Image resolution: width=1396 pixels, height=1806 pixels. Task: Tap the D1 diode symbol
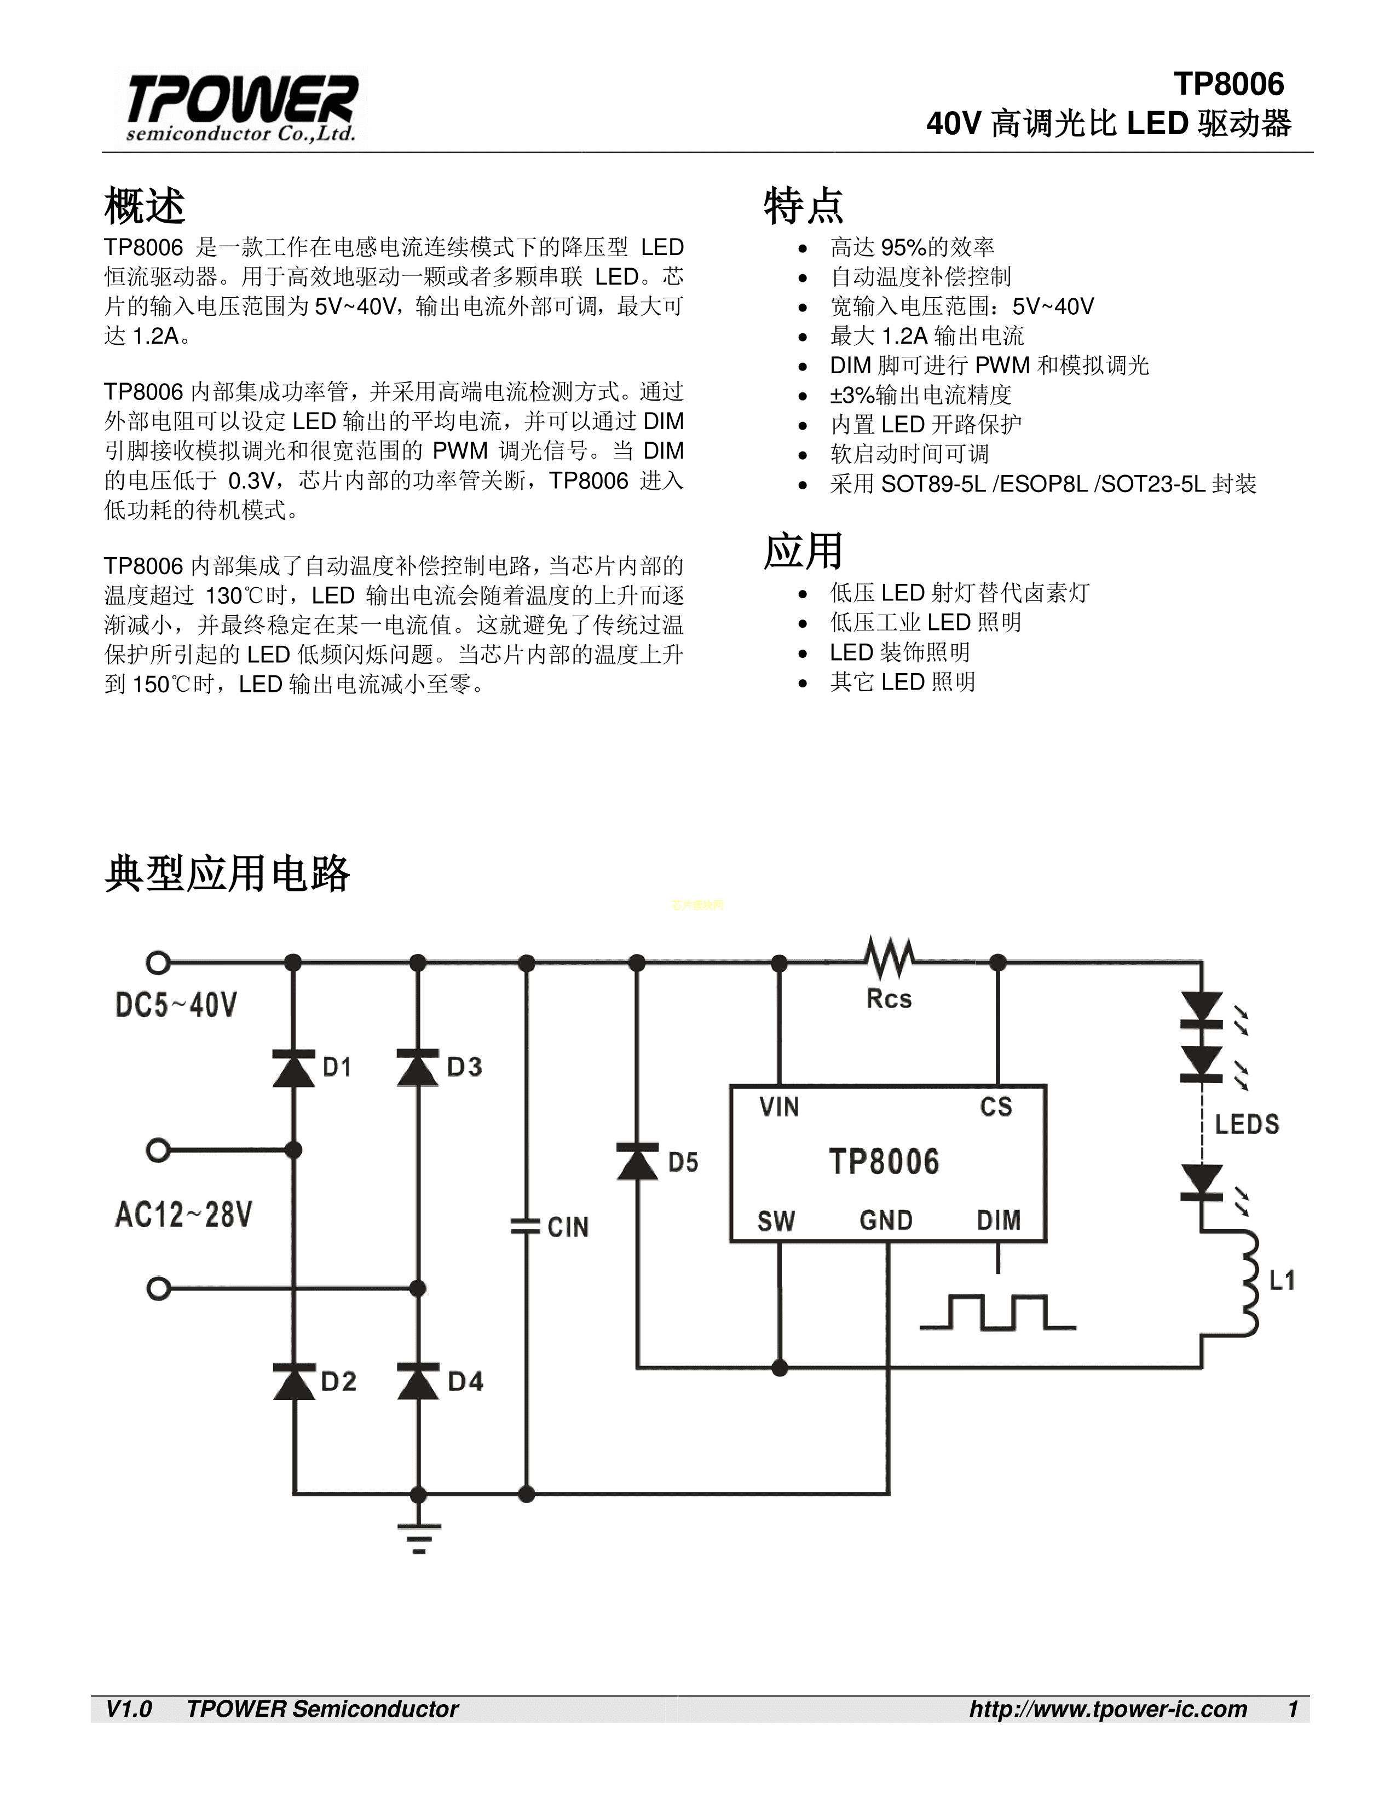(x=293, y=1067)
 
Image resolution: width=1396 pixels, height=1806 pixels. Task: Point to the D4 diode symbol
(x=418, y=1381)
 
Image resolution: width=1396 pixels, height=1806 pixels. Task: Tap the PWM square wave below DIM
(x=997, y=1312)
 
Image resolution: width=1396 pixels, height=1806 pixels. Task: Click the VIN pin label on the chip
(x=779, y=1107)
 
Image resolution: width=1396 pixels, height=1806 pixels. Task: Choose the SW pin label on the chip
(x=776, y=1220)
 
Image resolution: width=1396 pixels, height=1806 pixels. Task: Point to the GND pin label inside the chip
(x=886, y=1220)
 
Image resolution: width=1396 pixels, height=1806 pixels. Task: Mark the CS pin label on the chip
(x=996, y=1107)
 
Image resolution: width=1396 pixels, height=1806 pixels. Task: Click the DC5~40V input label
(x=176, y=1005)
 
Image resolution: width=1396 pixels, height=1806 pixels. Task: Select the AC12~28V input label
(x=183, y=1215)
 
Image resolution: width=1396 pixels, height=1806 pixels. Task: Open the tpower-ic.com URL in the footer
(x=1108, y=1709)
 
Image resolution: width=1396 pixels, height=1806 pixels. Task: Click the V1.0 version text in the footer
(x=129, y=1709)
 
